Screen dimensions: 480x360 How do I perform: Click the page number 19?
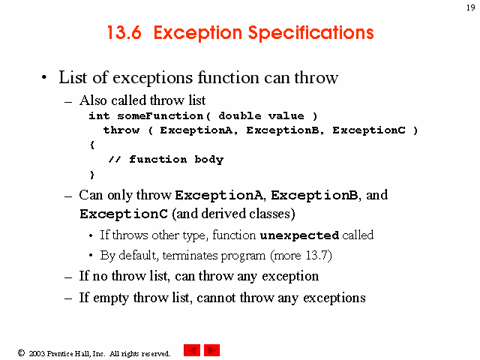click(470, 7)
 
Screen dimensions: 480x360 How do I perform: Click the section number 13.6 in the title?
click(124, 32)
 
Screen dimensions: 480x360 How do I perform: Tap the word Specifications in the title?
click(310, 33)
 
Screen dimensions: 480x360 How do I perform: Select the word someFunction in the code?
click(160, 116)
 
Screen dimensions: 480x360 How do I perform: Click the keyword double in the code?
click(240, 116)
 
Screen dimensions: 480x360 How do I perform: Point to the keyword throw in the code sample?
click(121, 130)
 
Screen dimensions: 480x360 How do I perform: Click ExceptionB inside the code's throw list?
click(283, 130)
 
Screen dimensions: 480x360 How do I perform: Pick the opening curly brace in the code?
click(92, 145)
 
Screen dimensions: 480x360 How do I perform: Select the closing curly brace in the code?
click(91, 175)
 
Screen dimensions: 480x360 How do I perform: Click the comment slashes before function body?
click(115, 160)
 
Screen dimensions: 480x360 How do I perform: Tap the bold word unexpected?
click(299, 235)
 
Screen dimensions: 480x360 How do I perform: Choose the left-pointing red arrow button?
click(192, 350)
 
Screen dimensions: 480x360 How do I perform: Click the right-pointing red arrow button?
click(211, 350)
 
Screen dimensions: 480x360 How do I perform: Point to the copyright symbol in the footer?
click(21, 353)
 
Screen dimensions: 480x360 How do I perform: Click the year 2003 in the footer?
click(37, 353)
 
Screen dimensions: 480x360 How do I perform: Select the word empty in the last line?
click(111, 298)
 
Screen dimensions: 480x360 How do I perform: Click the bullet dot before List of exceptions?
click(44, 77)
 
